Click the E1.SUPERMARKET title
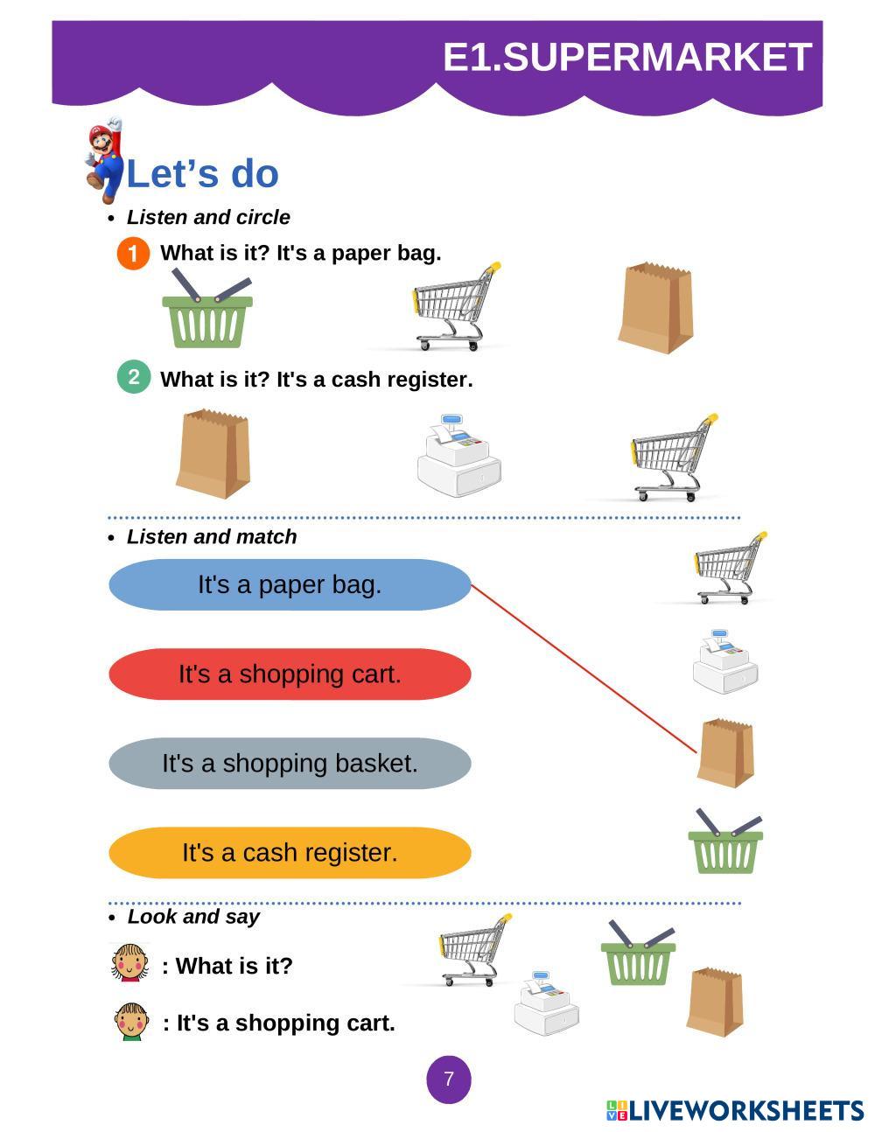627,57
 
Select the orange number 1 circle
133,254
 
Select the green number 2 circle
133,377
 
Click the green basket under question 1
207,312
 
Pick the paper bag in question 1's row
656,308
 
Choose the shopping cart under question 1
455,306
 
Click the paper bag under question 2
213,454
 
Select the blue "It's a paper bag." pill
290,584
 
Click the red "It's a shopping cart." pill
290,674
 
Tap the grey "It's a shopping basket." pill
290,764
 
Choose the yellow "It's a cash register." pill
290,853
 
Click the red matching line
584,668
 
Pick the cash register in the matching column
725,663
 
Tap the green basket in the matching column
725,843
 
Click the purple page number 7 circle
449,1080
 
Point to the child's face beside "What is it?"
130,962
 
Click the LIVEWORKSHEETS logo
735,1111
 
